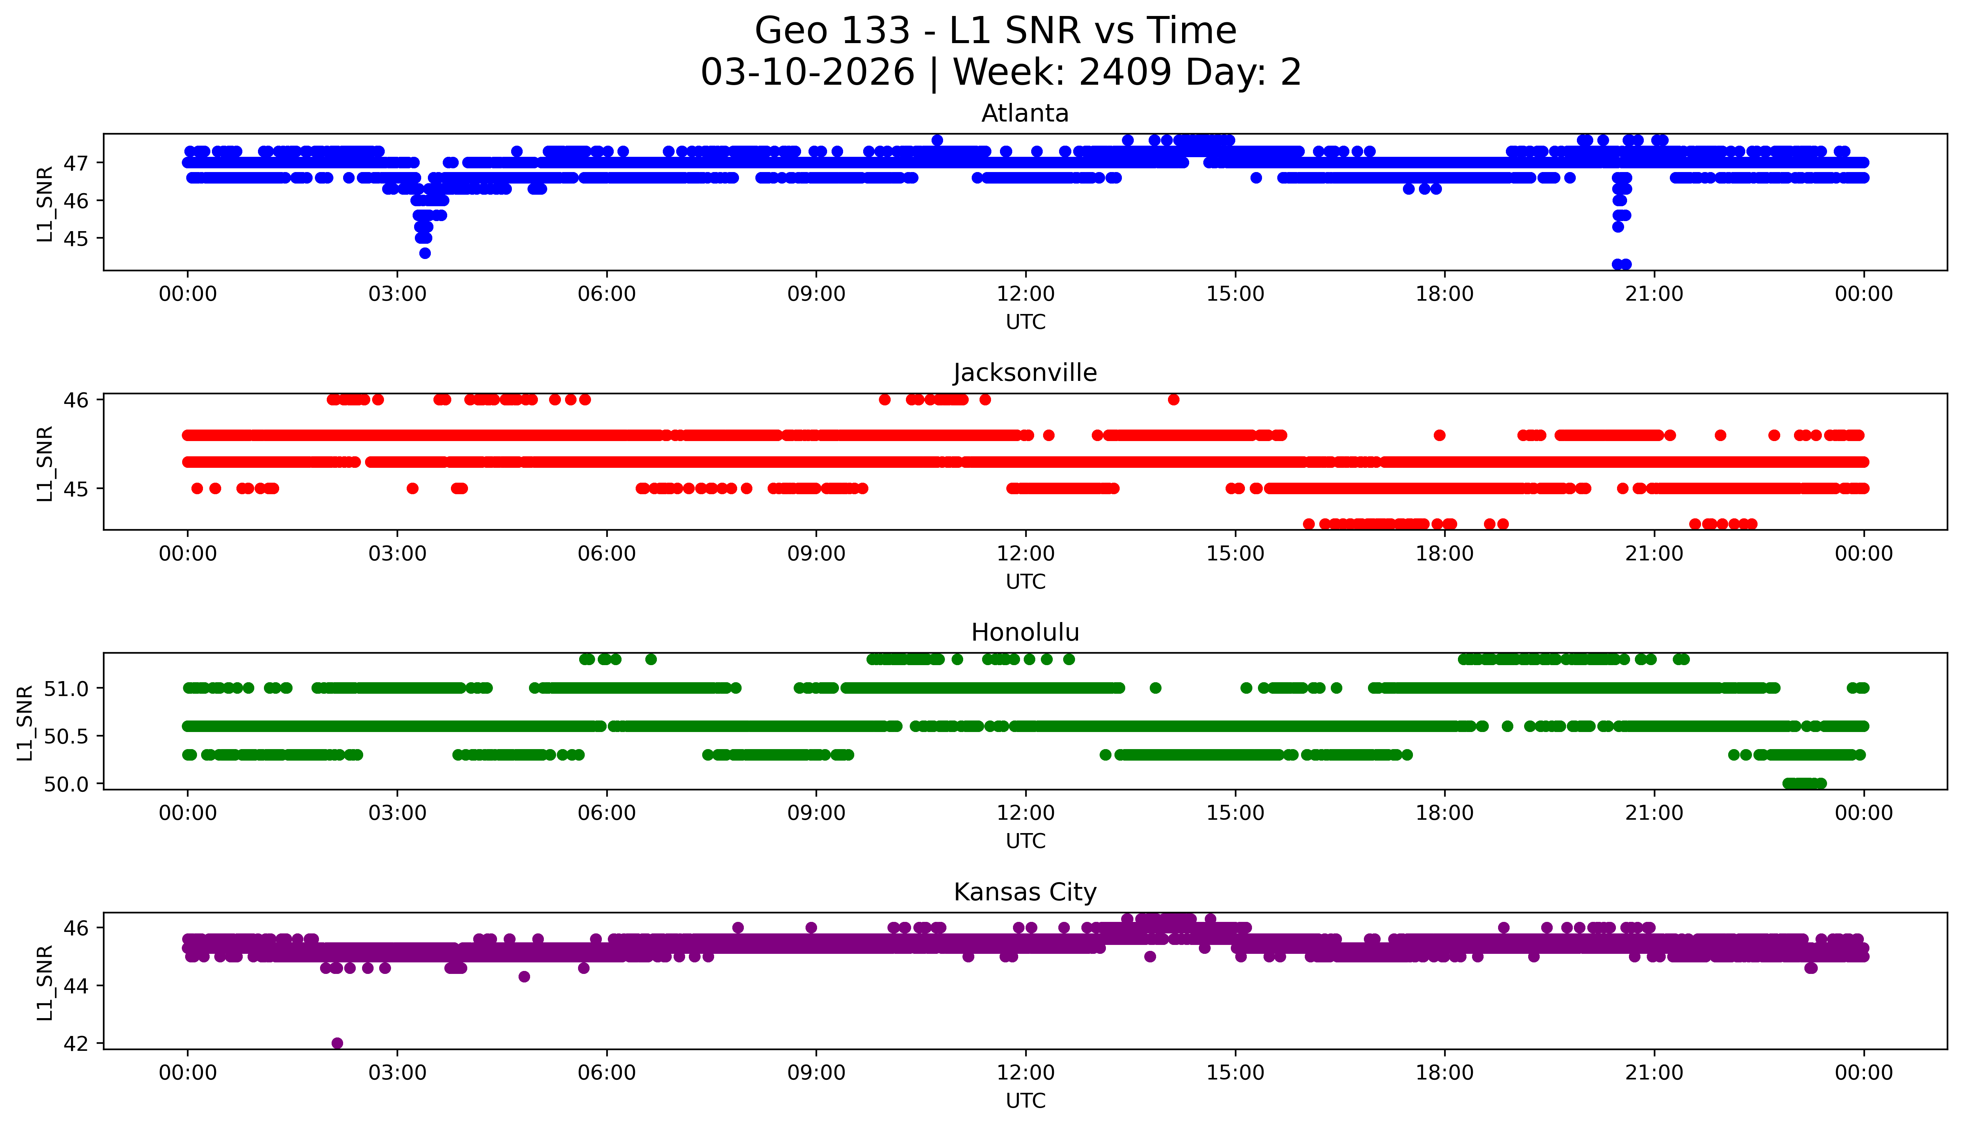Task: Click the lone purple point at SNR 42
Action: (337, 1043)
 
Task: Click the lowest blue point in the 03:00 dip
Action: (424, 253)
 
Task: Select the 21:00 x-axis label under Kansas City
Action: (1654, 1073)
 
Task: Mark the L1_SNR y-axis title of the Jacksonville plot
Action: (45, 463)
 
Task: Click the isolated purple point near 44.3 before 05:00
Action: (524, 977)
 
